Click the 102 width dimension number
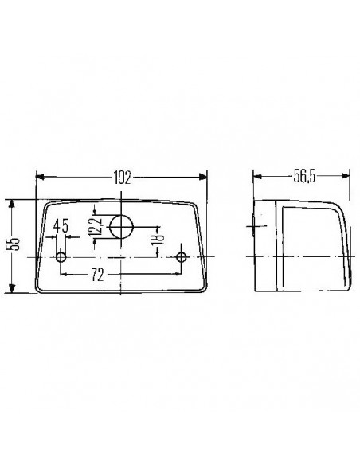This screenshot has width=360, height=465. pos(122,177)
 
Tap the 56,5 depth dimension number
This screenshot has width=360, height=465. pos(303,177)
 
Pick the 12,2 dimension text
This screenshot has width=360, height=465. pos(96,228)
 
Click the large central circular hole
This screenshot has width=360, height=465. pos(121,226)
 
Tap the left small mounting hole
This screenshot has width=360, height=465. pos(61,257)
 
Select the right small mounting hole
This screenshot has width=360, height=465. pos(182,257)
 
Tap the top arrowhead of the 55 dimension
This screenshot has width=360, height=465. pos(11,202)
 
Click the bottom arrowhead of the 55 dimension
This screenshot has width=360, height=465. pos(11,290)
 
